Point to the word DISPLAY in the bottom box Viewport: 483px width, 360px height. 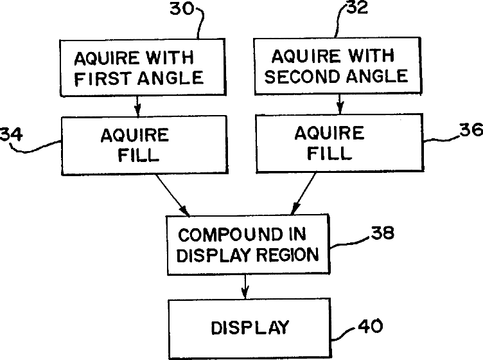pos(249,327)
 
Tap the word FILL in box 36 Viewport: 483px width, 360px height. pos(329,154)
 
